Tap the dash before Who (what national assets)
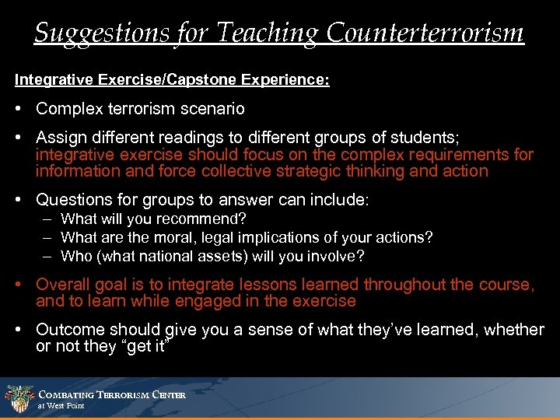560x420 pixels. coord(47,256)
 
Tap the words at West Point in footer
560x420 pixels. coord(61,406)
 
